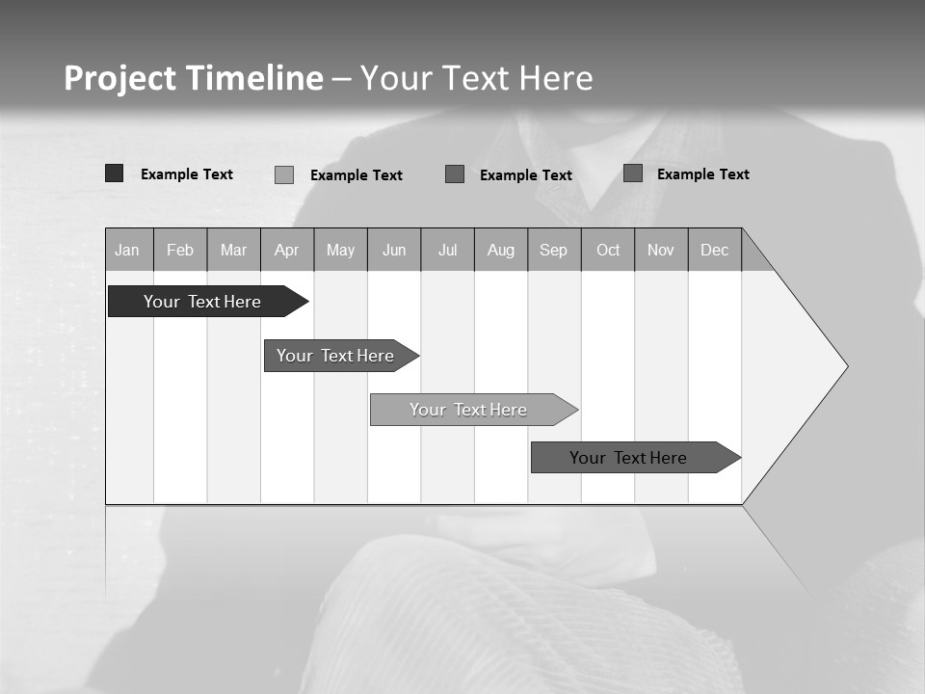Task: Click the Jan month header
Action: tap(127, 251)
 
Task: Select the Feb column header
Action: tap(180, 251)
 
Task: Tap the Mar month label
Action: tap(233, 251)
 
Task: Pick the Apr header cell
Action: tap(287, 251)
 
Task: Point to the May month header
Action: tap(340, 251)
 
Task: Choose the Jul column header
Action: tap(447, 251)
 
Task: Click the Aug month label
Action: tap(501, 251)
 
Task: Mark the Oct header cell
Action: tap(608, 251)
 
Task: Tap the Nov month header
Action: tap(661, 251)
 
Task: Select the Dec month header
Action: tap(715, 251)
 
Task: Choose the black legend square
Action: tap(115, 173)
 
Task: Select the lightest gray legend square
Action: tap(284, 174)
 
